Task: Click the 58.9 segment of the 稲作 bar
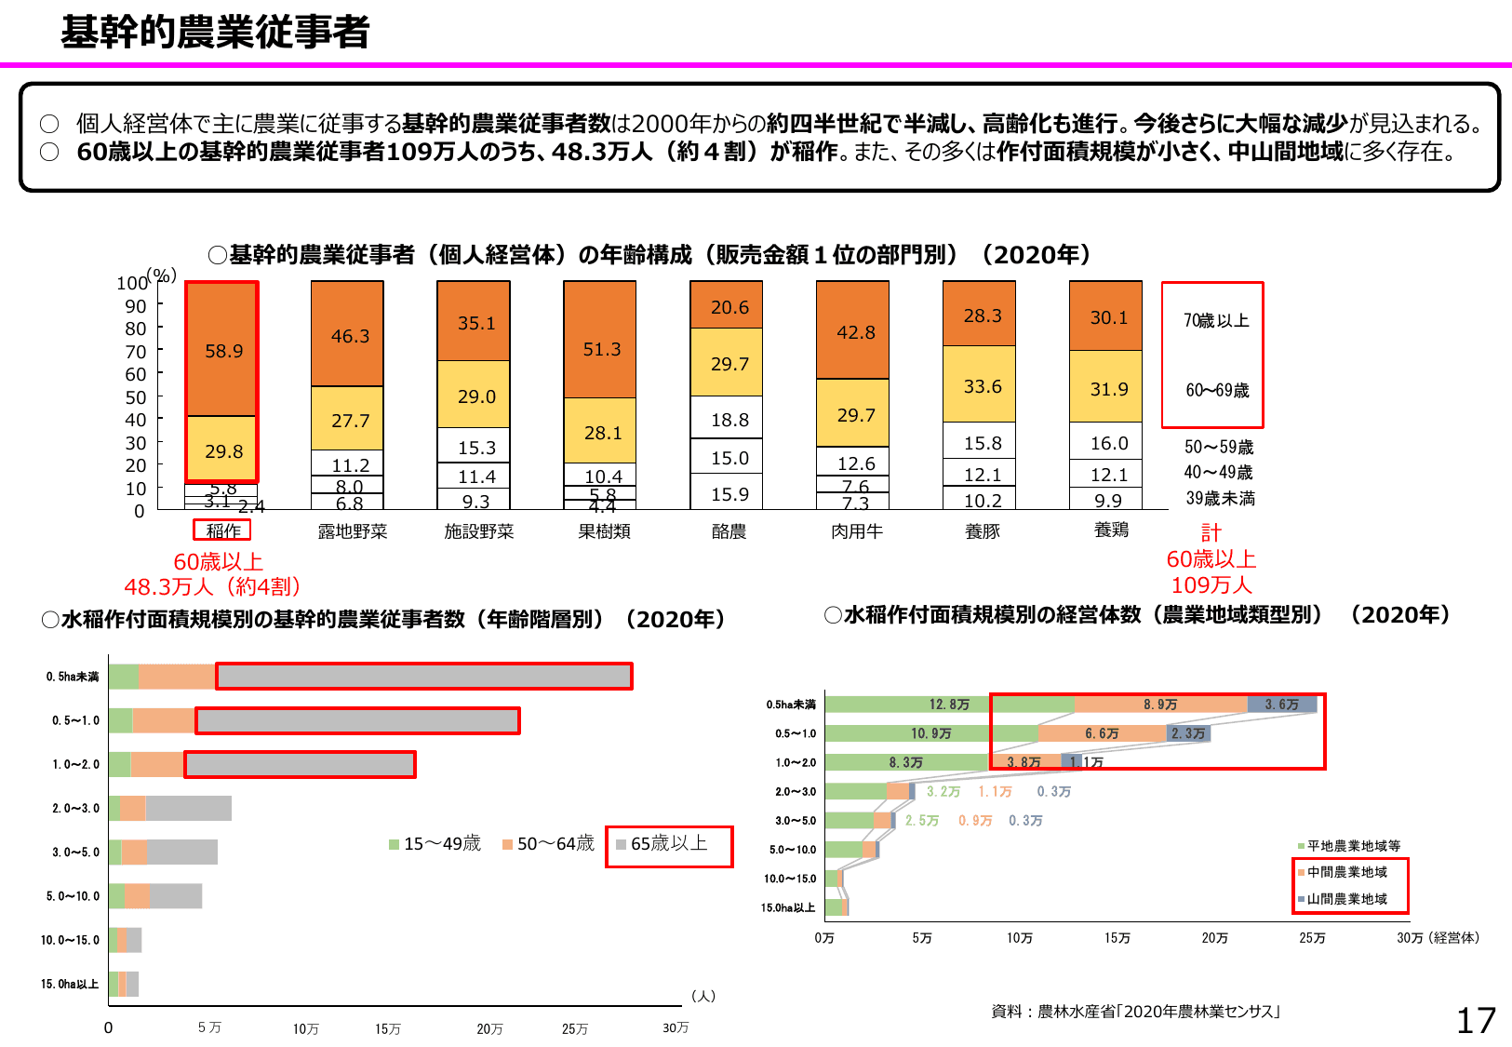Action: [223, 351]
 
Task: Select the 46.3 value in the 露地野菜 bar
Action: [350, 336]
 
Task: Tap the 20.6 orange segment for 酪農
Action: [729, 307]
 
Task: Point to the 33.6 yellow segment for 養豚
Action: [983, 386]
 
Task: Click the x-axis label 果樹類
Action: [604, 531]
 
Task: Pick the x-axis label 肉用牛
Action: [856, 531]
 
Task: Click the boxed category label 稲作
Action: [222, 530]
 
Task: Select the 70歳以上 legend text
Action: [1216, 321]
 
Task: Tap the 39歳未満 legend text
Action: [1220, 499]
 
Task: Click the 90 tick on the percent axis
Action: [136, 306]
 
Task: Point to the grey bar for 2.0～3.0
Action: [188, 808]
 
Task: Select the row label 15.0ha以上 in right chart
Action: [787, 907]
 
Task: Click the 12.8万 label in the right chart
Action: [949, 705]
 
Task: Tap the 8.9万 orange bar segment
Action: [1160, 705]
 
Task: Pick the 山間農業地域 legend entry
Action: [1346, 899]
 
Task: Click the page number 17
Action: [1476, 1021]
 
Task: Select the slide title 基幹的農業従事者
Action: [215, 33]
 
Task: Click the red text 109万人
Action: [1211, 585]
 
